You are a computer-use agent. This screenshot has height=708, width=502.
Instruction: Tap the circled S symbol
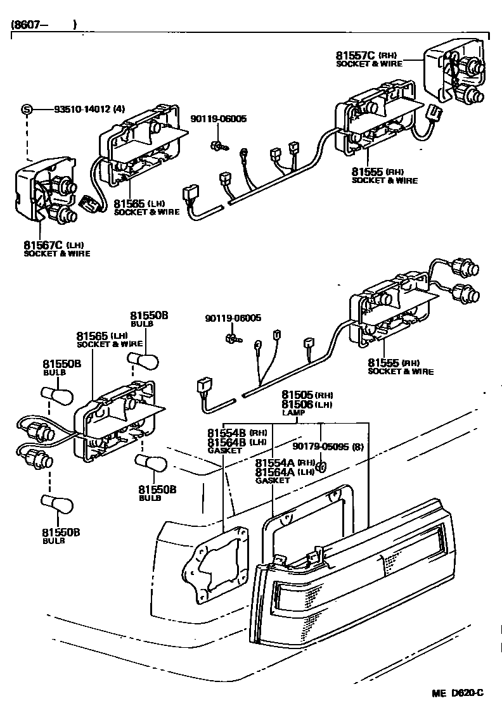[x=27, y=109]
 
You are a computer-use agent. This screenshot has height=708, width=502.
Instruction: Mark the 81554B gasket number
[x=225, y=433]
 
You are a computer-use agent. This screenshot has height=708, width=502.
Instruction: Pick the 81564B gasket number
[x=225, y=442]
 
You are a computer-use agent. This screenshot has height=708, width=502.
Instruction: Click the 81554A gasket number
[x=274, y=463]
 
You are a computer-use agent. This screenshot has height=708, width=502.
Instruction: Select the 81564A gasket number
[x=274, y=472]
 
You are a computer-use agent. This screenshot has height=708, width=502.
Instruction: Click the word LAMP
[x=293, y=413]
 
